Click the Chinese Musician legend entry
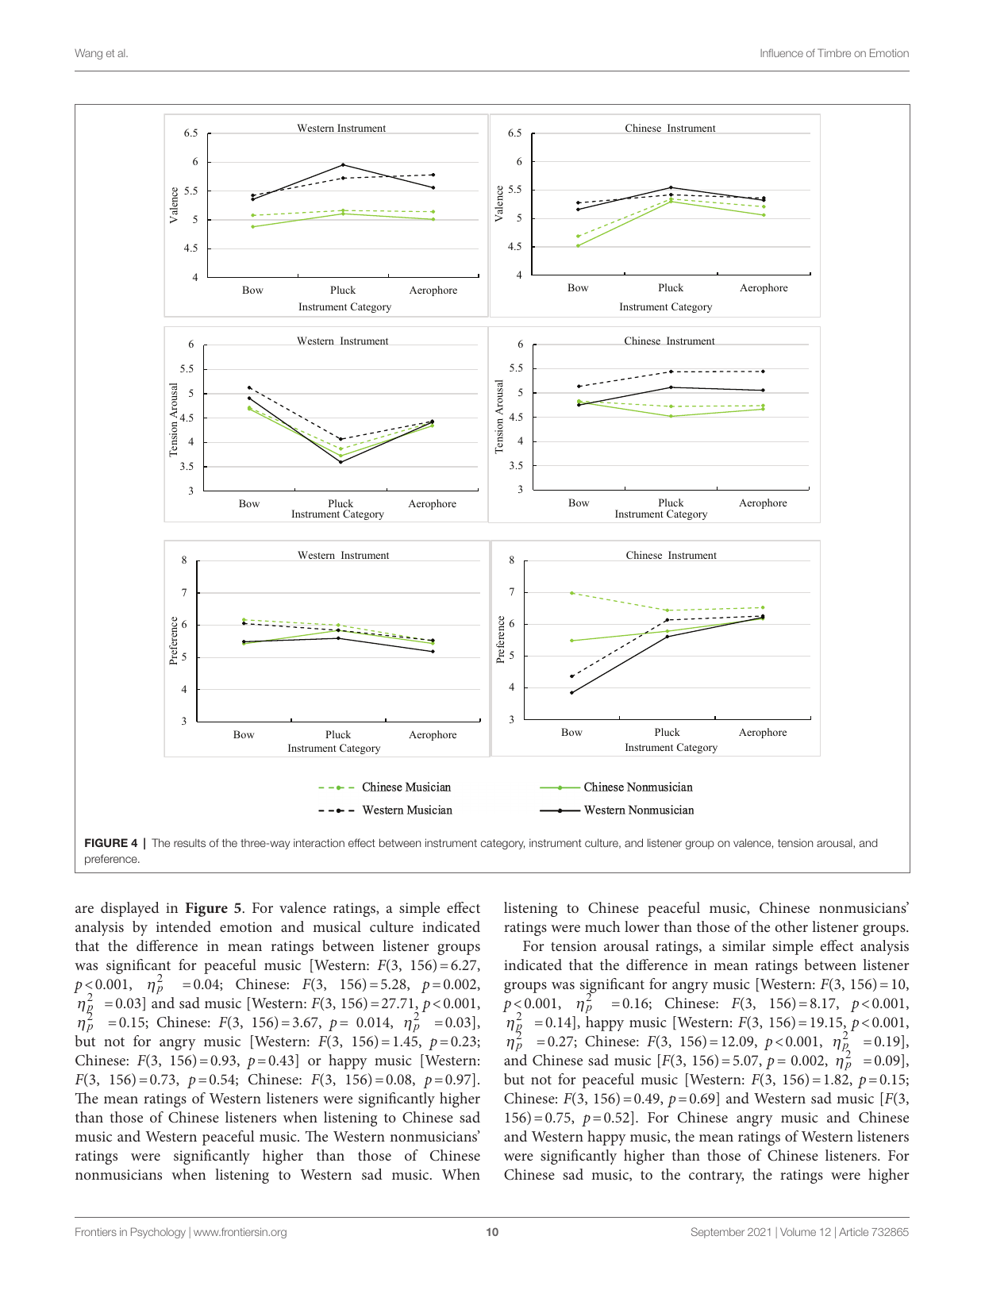406,787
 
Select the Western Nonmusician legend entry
638,811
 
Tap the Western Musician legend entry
406,811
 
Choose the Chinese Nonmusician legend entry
637,787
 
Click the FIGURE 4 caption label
110,843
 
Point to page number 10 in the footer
492,1232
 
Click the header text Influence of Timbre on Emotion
833,53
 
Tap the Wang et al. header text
102,53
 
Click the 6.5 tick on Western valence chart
190,133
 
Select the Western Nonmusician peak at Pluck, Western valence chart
343,164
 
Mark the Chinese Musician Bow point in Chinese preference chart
571,593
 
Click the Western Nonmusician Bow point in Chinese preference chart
571,692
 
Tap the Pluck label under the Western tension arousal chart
341,503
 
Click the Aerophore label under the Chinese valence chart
764,288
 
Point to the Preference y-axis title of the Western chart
174,641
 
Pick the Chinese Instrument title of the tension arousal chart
669,341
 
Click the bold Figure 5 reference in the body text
214,908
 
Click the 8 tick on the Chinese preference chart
512,560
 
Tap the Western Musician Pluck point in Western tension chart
341,439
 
